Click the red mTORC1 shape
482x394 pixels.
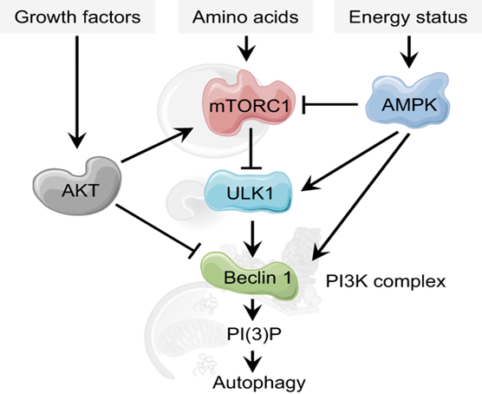[x=249, y=103]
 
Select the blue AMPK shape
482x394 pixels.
[x=408, y=101]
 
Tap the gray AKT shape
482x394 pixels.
[x=77, y=186]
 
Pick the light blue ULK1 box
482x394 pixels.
[x=249, y=192]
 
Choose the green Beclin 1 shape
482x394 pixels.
[x=250, y=275]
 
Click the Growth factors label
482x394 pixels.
[x=77, y=17]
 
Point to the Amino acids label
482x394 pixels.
[x=245, y=17]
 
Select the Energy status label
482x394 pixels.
[x=408, y=17]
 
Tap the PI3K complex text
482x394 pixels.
[x=386, y=281]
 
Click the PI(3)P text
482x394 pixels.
[x=254, y=333]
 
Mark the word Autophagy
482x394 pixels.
[x=259, y=383]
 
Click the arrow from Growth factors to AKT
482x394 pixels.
[x=77, y=92]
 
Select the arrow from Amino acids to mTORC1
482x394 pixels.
[x=246, y=49]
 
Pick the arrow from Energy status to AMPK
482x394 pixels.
[x=409, y=52]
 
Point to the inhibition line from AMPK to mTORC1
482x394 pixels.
[x=329, y=105]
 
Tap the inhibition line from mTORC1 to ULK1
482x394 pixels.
[x=251, y=148]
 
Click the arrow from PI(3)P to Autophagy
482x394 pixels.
[x=252, y=361]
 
